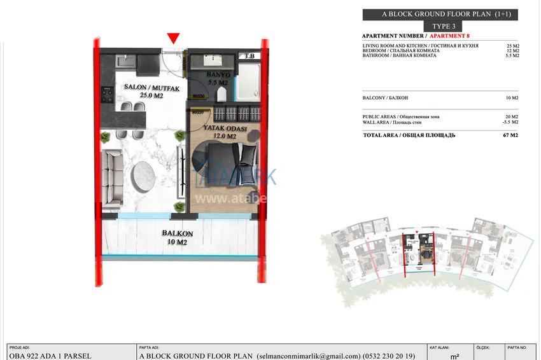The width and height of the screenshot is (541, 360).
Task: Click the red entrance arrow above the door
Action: click(173, 38)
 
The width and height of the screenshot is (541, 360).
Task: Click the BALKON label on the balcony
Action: click(178, 233)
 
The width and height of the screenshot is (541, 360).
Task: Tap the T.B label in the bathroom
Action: click(249, 57)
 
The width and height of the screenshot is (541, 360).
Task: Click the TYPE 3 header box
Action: click(444, 26)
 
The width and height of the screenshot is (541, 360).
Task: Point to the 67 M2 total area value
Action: click(510, 135)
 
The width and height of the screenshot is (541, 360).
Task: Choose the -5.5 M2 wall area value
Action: click(510, 122)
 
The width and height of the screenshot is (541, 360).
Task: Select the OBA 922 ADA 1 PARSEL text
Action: click(50, 356)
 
